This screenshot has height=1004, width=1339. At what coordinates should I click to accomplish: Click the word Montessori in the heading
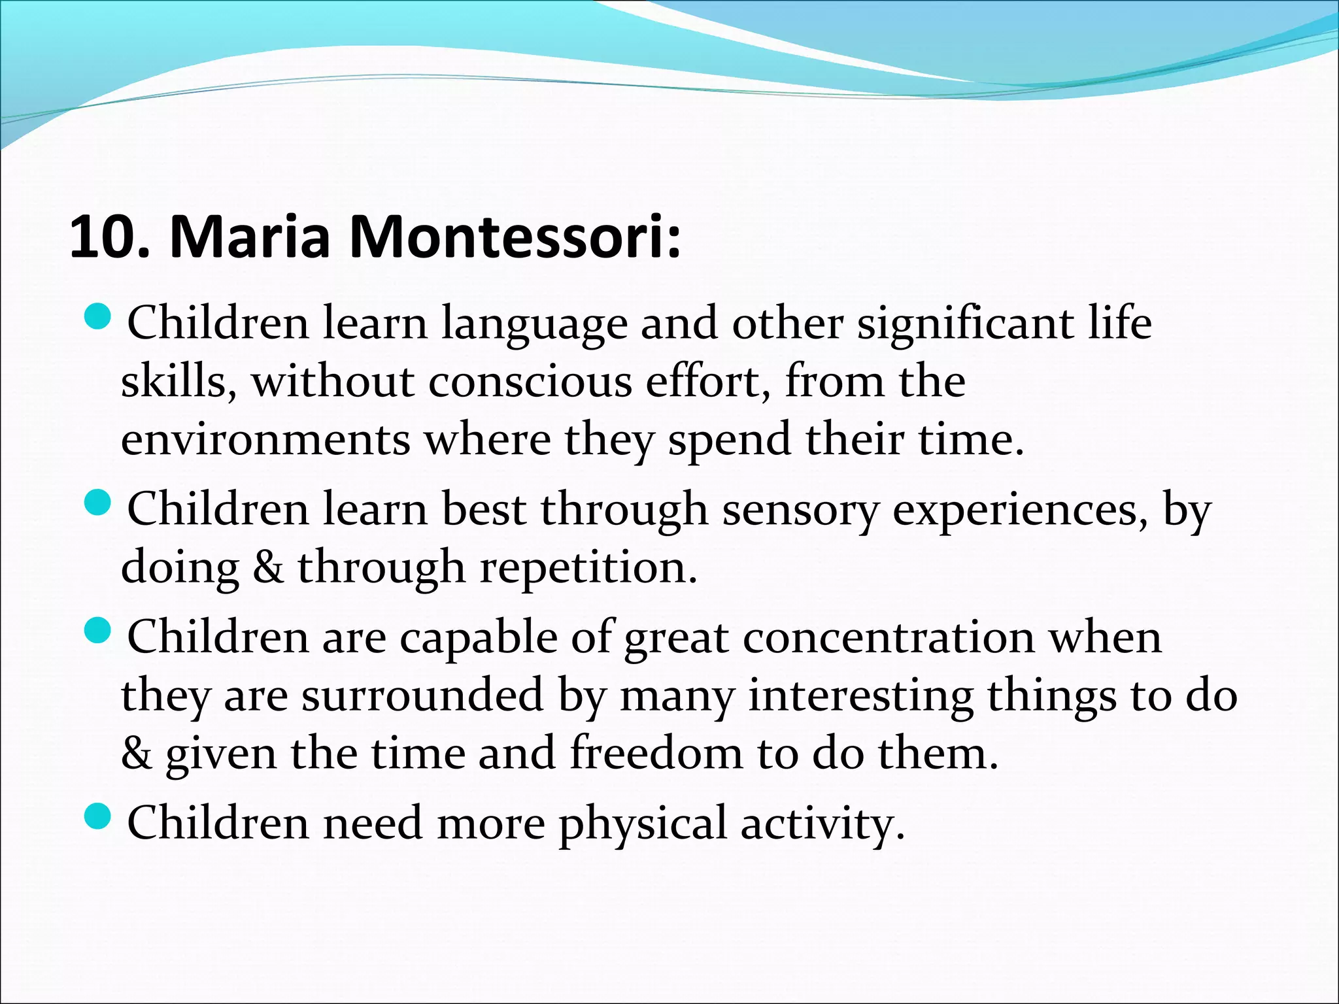point(514,237)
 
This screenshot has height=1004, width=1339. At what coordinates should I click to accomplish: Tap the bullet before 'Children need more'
point(99,816)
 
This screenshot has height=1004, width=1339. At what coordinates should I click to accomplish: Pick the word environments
point(265,439)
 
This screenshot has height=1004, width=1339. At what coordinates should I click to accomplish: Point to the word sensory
point(800,510)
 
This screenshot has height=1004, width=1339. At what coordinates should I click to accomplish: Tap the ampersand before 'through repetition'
point(268,567)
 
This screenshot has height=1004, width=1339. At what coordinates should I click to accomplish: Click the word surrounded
point(422,695)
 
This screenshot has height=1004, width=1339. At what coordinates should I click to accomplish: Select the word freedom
point(656,753)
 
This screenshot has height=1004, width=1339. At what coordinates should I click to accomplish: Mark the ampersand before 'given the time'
point(136,753)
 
